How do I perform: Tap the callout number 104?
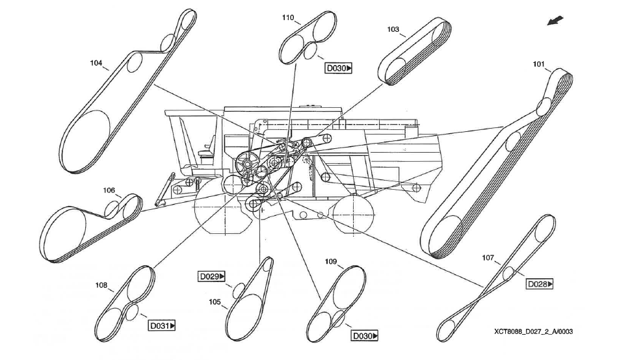pyautogui.click(x=96, y=63)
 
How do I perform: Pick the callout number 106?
pyautogui.click(x=109, y=190)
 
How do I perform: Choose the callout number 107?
pyautogui.click(x=488, y=257)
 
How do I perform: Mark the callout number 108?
pyautogui.click(x=101, y=285)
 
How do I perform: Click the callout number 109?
pyautogui.click(x=331, y=261)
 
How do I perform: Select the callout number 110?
pyautogui.click(x=287, y=18)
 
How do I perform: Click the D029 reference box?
pyautogui.click(x=212, y=276)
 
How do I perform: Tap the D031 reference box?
pyautogui.click(x=163, y=326)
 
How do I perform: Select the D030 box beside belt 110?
pyautogui.click(x=338, y=68)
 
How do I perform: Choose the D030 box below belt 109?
pyautogui.click(x=364, y=336)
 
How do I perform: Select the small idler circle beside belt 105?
pyautogui.click(x=239, y=289)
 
